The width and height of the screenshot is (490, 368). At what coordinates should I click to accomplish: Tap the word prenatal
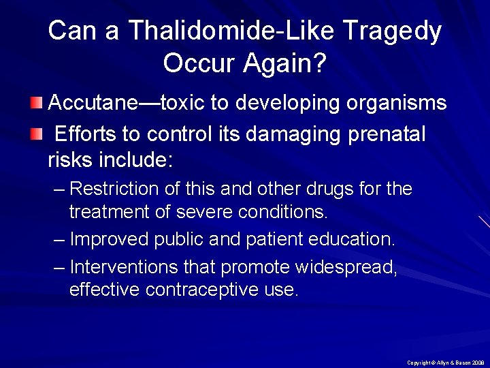(386, 135)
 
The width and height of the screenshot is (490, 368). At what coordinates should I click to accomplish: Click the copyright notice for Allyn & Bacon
(445, 363)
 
